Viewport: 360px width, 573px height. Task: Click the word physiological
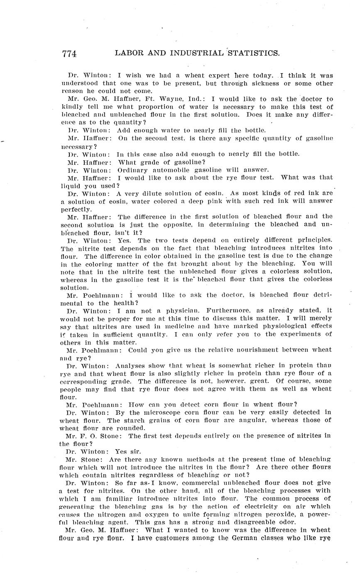[280, 326]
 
